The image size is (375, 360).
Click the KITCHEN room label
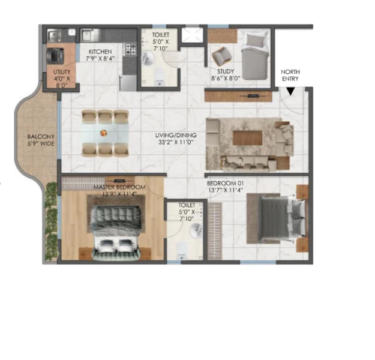(100, 52)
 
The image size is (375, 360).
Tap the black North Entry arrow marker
(290, 91)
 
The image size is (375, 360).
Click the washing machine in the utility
(55, 56)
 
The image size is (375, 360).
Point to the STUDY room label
(226, 71)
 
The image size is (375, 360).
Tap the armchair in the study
(221, 56)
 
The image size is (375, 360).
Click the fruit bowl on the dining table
(104, 133)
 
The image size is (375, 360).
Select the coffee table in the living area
(248, 137)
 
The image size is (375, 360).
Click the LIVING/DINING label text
(176, 136)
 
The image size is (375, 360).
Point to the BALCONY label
(41, 137)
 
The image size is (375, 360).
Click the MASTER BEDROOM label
(119, 187)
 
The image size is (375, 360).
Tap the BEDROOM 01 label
(225, 184)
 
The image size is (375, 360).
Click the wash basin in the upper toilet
(148, 59)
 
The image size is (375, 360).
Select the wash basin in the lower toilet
(196, 230)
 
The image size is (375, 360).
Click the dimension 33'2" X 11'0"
(176, 142)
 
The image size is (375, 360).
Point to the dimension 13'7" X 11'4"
(226, 190)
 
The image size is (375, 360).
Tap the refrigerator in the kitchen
(128, 83)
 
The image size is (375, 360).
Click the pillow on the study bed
(256, 40)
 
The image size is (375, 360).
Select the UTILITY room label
(62, 72)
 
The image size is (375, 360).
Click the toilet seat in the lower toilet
(181, 251)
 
